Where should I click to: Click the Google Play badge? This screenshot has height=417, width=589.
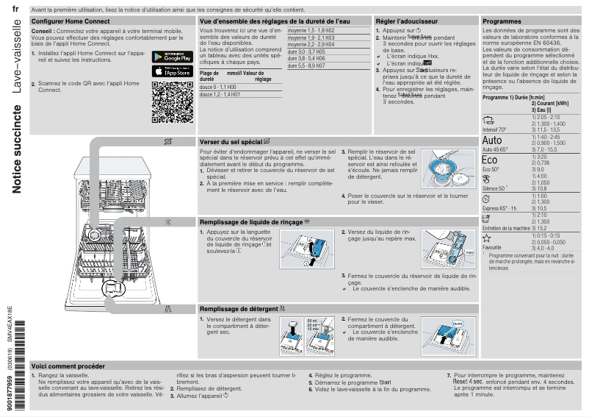point(172,57)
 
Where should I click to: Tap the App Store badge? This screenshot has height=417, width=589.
point(172,71)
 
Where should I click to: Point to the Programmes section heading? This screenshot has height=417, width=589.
point(502,22)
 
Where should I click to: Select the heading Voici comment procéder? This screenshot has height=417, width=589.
point(68,366)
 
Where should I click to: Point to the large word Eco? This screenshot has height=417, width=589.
point(490,160)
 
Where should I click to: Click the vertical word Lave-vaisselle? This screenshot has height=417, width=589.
point(16,51)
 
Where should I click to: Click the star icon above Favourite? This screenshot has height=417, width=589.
point(486,238)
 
